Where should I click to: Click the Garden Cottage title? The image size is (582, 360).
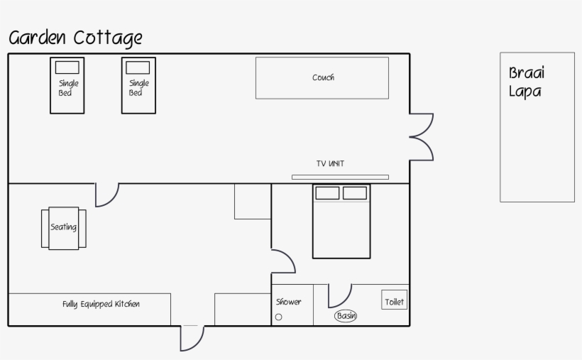pyautogui.click(x=75, y=37)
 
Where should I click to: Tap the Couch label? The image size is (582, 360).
pyautogui.click(x=323, y=77)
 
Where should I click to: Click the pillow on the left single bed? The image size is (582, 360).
pyautogui.click(x=67, y=67)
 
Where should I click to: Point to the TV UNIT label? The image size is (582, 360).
pyautogui.click(x=330, y=164)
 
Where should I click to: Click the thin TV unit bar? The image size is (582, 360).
pyautogui.click(x=340, y=177)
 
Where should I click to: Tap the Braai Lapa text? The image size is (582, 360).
pyautogui.click(x=526, y=82)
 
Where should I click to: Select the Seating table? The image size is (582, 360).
pyautogui.click(x=63, y=228)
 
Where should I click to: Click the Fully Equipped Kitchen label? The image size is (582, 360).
pyautogui.click(x=101, y=304)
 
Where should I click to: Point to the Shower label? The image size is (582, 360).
pyautogui.click(x=288, y=302)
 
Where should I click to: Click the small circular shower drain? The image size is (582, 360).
pyautogui.click(x=278, y=317)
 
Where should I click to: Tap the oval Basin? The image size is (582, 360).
pyautogui.click(x=346, y=315)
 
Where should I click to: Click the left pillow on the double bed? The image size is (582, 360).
pyautogui.click(x=327, y=192)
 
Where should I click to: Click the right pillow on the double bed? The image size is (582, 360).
pyautogui.click(x=354, y=192)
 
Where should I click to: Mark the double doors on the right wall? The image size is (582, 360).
pyautogui.click(x=422, y=136)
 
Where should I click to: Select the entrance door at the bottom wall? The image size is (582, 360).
pyautogui.click(x=192, y=337)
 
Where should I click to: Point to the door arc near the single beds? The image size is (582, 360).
pyautogui.click(x=106, y=195)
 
